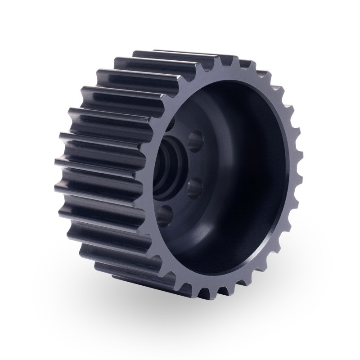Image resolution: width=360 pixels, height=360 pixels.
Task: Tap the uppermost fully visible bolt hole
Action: [x=194, y=141]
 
